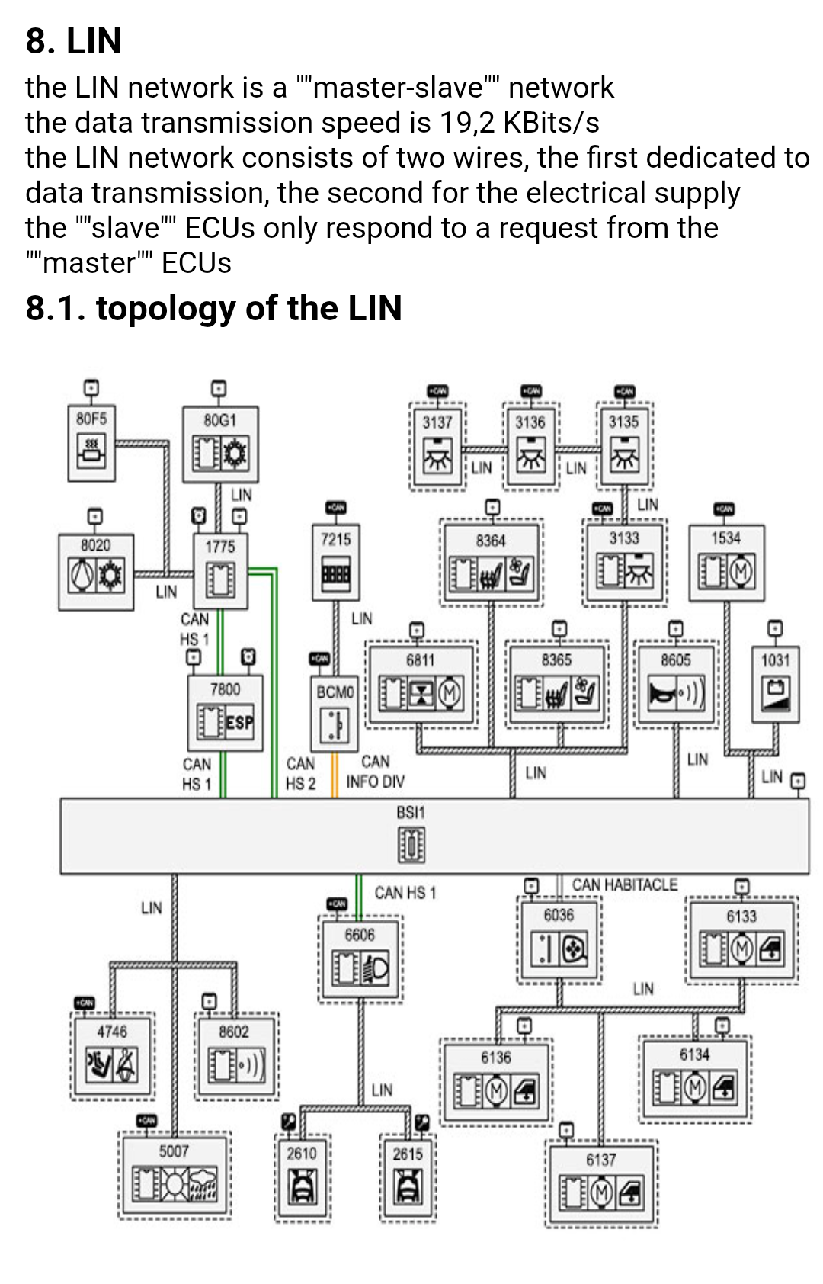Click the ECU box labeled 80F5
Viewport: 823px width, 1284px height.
click(x=91, y=443)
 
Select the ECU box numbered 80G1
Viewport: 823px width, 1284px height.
click(x=220, y=444)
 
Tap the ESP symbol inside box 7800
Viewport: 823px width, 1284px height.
click(x=239, y=721)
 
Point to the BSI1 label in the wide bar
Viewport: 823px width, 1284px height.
click(x=411, y=813)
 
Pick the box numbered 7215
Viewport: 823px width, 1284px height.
click(x=336, y=561)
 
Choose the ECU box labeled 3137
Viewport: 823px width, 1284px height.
click(x=437, y=446)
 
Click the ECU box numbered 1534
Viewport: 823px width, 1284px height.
click(x=726, y=562)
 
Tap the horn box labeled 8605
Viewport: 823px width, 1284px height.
click(x=676, y=683)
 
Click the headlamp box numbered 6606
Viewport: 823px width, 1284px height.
click(x=360, y=959)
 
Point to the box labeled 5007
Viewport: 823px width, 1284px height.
click(x=175, y=1174)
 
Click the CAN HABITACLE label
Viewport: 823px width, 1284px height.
click(x=624, y=885)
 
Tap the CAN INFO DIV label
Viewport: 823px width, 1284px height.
click(x=375, y=772)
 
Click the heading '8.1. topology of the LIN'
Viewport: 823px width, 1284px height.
click(x=213, y=309)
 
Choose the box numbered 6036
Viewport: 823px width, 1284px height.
click(x=559, y=940)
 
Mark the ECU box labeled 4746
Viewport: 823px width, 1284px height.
click(x=112, y=1056)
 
